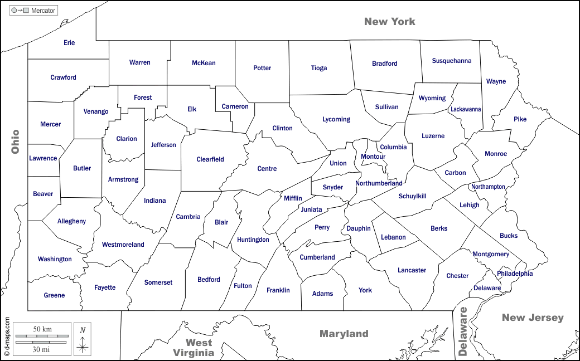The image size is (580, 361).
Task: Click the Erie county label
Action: click(x=69, y=43)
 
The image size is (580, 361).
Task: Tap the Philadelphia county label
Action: click(x=515, y=274)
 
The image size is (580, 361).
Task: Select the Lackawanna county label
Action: click(x=466, y=110)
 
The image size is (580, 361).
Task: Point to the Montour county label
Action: click(x=373, y=157)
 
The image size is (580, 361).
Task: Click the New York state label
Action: click(x=389, y=22)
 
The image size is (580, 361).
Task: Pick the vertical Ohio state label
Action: click(x=15, y=142)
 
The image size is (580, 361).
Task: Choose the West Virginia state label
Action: click(x=193, y=348)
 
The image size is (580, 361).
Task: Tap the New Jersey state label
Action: click(x=533, y=318)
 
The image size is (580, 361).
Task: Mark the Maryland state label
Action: click(x=344, y=334)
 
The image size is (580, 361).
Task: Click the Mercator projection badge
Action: click(x=34, y=10)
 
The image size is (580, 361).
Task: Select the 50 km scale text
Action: click(x=42, y=329)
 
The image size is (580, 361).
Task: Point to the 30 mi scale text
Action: click(x=42, y=349)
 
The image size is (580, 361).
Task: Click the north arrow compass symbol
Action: click(x=83, y=339)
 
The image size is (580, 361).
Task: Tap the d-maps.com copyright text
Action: click(x=7, y=336)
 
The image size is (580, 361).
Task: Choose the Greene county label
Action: click(x=54, y=295)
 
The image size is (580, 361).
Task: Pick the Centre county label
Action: click(x=267, y=169)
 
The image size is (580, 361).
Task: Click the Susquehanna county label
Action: click(x=452, y=61)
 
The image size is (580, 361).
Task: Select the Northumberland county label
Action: click(x=379, y=183)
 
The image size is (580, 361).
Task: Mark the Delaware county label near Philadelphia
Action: click(x=487, y=288)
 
